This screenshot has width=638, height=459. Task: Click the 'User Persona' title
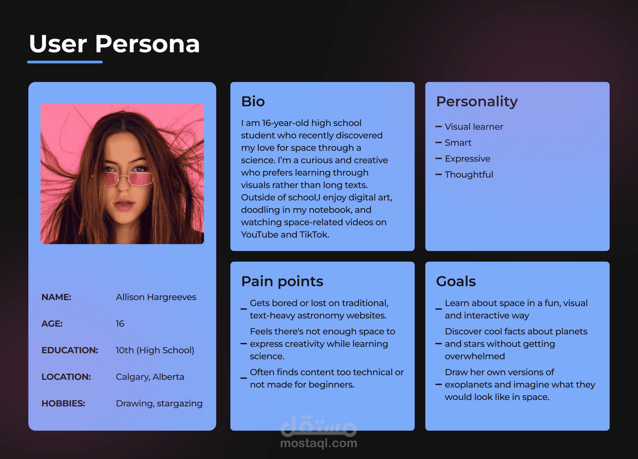(115, 44)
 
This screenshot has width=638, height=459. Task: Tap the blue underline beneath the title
(65, 62)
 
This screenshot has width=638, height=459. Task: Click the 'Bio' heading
(253, 101)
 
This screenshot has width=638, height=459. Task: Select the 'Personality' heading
(477, 102)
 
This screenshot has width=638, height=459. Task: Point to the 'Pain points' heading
(282, 281)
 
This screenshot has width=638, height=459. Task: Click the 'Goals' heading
(456, 281)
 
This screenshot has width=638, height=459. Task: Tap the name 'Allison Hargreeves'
(156, 297)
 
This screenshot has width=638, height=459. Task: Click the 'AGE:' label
(52, 324)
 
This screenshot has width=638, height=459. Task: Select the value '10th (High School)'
(155, 350)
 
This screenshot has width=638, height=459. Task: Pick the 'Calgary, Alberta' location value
(150, 377)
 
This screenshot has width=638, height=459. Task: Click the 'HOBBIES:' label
(63, 403)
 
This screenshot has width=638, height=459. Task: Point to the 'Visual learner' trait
(474, 127)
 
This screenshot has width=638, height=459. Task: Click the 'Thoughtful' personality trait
(469, 175)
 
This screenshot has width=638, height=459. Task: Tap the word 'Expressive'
(468, 159)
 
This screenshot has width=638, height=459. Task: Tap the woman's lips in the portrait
(124, 204)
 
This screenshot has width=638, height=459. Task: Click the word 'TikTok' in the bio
(314, 235)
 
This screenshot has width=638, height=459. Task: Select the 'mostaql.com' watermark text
(319, 443)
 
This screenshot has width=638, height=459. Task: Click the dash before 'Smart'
(439, 143)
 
